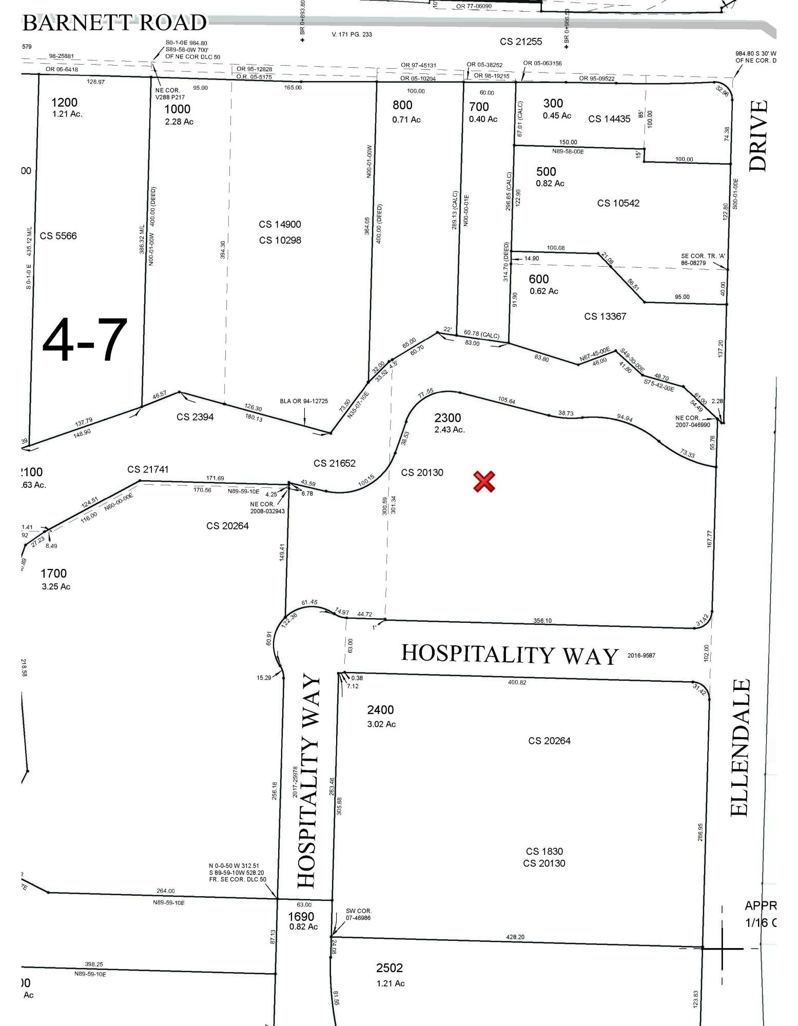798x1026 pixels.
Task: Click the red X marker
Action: [x=484, y=482]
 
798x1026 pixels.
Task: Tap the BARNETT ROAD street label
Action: [x=114, y=23]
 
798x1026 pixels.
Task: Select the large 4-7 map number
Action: [x=85, y=340]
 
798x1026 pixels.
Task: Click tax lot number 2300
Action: [x=447, y=418]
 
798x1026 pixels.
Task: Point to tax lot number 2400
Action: [x=380, y=710]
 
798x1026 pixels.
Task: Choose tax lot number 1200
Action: [x=64, y=103]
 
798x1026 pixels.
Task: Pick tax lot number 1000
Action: [x=177, y=109]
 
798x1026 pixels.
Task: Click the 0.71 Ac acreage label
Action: [x=406, y=120]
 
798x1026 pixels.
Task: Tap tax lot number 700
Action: [x=479, y=107]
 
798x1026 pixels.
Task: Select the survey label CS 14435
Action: [x=609, y=119]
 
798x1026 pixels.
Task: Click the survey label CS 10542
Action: [x=618, y=203]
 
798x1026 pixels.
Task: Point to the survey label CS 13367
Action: [x=605, y=317]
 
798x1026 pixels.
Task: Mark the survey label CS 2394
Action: [x=195, y=417]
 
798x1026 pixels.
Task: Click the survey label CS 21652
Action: [x=335, y=463]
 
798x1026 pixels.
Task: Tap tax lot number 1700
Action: [x=54, y=574]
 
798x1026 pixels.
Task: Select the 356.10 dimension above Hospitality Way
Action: [x=542, y=620]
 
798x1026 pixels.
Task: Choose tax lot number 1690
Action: [x=301, y=917]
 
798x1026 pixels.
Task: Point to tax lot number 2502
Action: [x=390, y=968]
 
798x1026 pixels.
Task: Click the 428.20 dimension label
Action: [x=515, y=937]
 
